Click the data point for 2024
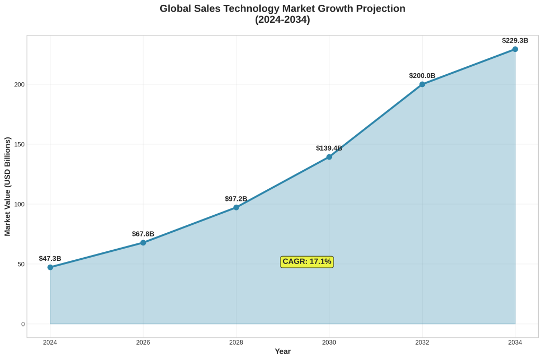coord(50,267)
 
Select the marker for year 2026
coord(143,243)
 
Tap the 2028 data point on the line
coord(236,207)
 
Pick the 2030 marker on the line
coord(329,157)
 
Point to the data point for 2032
coord(422,84)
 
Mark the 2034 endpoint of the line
coord(515,49)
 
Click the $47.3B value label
coord(50,259)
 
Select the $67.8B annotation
coord(143,234)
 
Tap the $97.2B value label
coord(236,199)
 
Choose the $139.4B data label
coord(329,148)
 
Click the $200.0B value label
coord(422,76)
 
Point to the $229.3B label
coord(515,40)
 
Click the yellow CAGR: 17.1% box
coord(307,261)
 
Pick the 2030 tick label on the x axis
coord(329,343)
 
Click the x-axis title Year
coord(283,352)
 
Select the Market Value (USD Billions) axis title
coord(8,187)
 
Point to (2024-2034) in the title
coord(283,20)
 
